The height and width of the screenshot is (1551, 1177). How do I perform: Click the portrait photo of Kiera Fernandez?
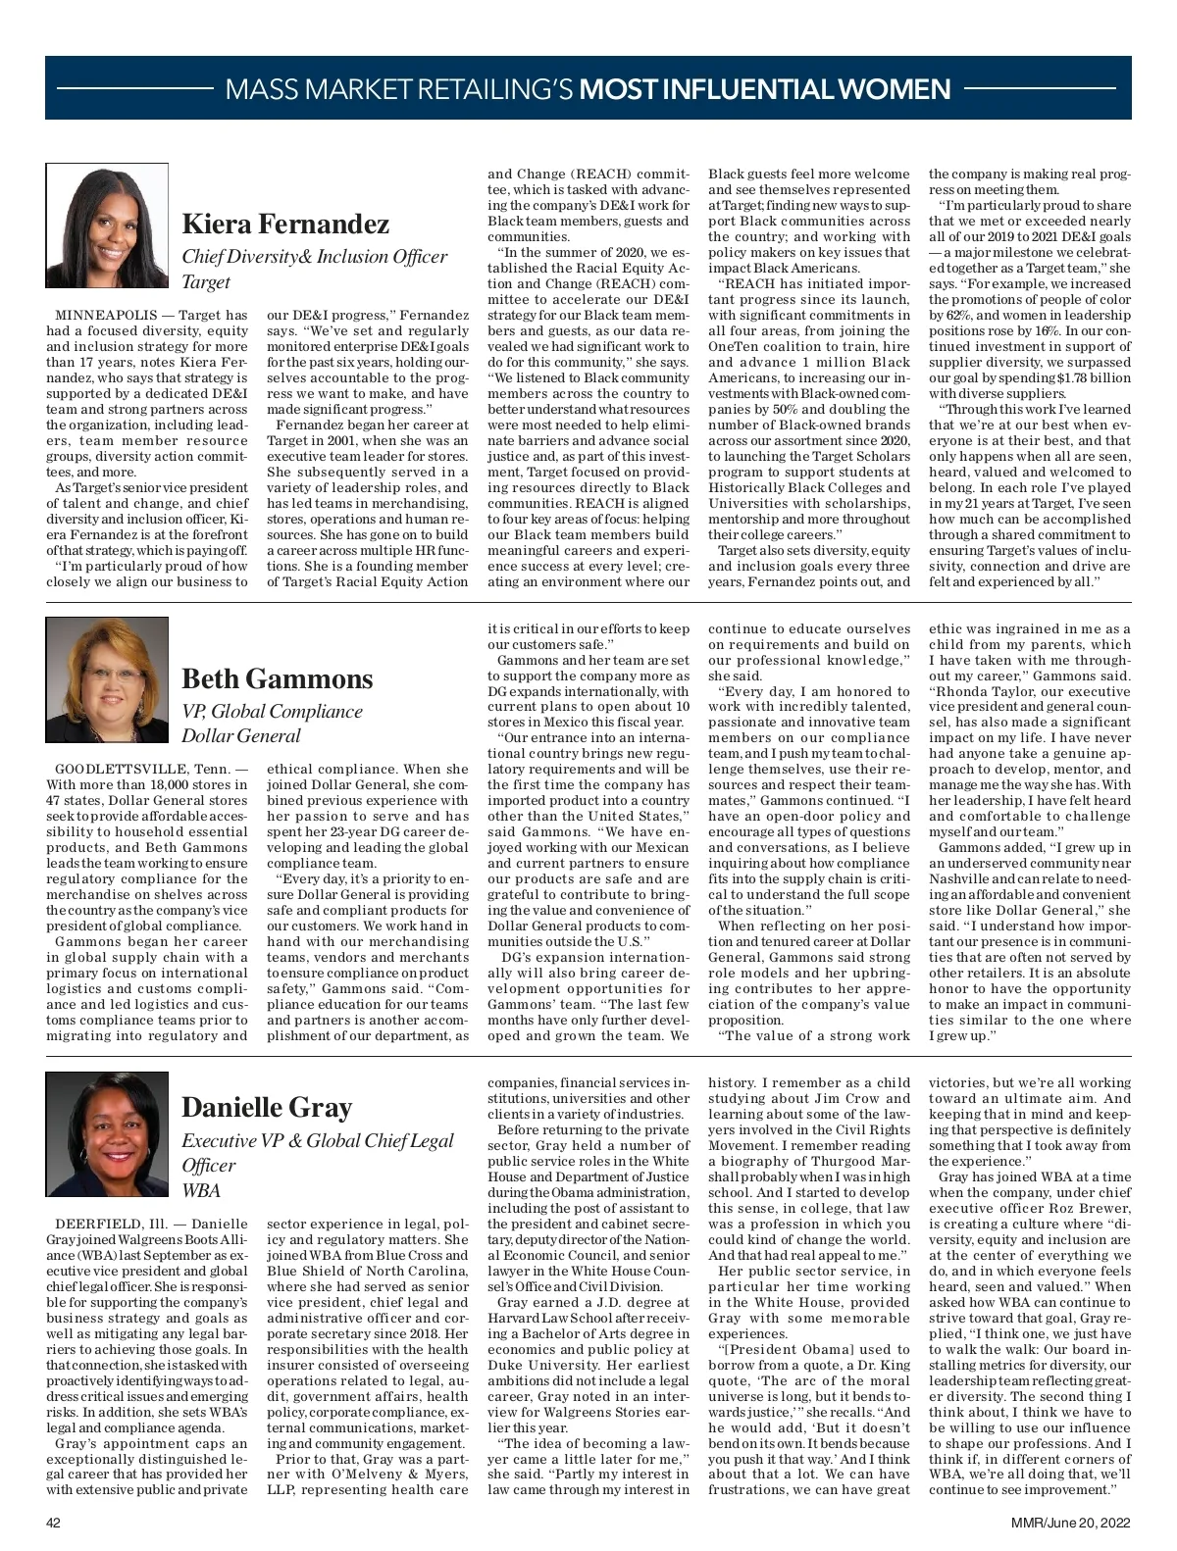pos(107,226)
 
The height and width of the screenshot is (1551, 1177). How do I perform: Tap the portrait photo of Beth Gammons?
pos(107,679)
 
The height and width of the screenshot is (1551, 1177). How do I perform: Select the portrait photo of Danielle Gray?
pos(107,1133)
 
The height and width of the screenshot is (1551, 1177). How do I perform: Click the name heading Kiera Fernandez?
pos(285,225)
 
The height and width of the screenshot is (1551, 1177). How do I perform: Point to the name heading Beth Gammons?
pos(278,678)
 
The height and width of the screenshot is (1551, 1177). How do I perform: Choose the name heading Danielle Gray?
pos(267,1108)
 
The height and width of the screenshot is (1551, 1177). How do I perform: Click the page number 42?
pos(54,1523)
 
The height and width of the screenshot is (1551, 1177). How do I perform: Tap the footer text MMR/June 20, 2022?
pos(1071,1523)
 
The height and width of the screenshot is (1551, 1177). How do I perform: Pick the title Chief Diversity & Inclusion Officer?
pos(315,257)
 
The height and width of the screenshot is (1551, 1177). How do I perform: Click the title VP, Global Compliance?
pos(272,711)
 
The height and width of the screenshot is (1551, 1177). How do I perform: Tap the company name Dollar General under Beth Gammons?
pos(241,736)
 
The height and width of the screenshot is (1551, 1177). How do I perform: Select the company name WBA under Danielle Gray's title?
pos(201,1190)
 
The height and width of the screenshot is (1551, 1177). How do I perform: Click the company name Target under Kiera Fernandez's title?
pos(206,282)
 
